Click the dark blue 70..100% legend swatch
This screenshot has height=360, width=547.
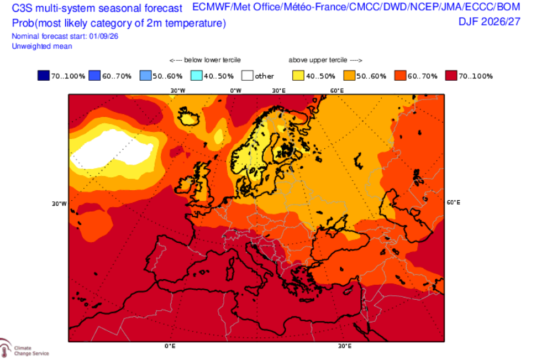click(44, 75)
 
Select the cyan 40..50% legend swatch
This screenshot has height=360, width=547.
click(196, 75)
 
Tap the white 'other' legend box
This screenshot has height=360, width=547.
click(248, 75)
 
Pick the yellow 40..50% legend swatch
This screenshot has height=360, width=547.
click(298, 75)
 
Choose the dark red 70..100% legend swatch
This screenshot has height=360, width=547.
click(451, 75)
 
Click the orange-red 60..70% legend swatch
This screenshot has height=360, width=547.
click(400, 75)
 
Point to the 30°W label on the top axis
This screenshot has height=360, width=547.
click(177, 91)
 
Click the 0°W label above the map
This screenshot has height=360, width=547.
click(235, 91)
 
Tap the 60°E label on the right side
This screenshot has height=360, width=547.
click(454, 202)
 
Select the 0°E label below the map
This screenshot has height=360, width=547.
click(170, 346)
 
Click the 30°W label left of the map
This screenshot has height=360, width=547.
click(59, 204)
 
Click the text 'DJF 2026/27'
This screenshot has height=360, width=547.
click(489, 22)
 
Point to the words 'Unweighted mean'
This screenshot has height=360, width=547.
click(42, 46)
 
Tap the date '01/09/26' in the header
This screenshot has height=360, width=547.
click(104, 36)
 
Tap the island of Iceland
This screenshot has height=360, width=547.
click(188, 115)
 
